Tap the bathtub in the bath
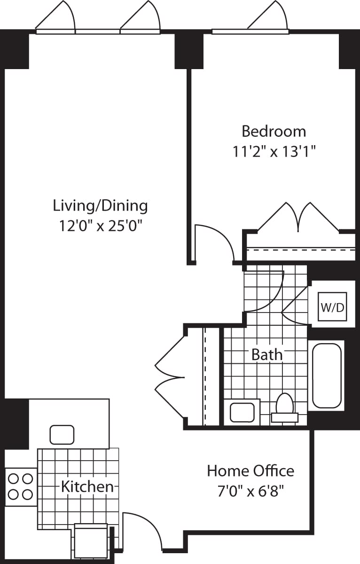pos(327,376)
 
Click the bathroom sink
pos(242,412)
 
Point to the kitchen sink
pos(62,434)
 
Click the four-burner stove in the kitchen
pos(21,486)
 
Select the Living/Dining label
pos(100,205)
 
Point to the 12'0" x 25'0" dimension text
pos(100,226)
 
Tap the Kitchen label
pos(87,486)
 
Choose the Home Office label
pos(250,470)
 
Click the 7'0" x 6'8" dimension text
pos(250,491)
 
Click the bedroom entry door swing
pos(214,242)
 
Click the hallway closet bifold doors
pos(170,377)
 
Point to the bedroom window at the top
pos(250,31)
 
